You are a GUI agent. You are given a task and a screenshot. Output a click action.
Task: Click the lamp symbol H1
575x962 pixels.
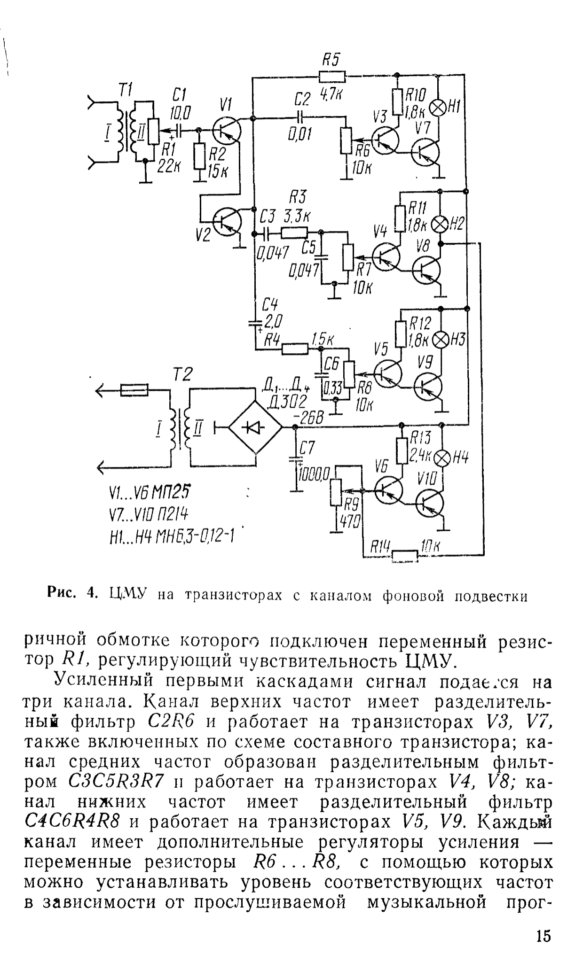(438, 108)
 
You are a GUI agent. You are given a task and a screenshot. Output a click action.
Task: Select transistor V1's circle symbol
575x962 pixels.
(226, 131)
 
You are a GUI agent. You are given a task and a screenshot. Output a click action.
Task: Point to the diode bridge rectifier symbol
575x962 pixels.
(255, 427)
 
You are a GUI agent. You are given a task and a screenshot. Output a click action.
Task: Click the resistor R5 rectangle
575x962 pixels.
(331, 76)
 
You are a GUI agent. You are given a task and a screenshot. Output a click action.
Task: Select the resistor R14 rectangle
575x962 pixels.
(405, 556)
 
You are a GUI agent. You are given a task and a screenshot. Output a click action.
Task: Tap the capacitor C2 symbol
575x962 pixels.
(300, 116)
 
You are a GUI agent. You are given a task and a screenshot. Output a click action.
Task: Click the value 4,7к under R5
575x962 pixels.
(331, 94)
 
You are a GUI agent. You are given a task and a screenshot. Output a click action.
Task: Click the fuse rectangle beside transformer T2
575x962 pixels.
(135, 390)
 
